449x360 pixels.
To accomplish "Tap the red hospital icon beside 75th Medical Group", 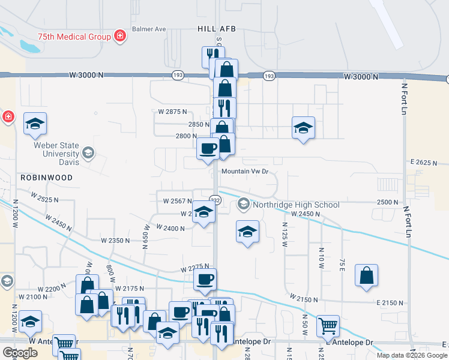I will [x=120, y=36].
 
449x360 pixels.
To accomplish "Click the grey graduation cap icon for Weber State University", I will [x=89, y=153].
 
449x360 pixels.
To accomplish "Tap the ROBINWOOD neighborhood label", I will [x=46, y=178].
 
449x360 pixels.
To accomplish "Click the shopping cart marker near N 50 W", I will [x=328, y=326].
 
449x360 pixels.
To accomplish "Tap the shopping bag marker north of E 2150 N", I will [x=366, y=276].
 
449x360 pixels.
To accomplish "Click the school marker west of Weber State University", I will [x=35, y=124].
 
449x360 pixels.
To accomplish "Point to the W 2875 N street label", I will [x=173, y=112].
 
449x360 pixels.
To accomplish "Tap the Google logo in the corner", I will [x=20, y=353].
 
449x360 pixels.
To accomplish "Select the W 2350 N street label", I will [x=115, y=241].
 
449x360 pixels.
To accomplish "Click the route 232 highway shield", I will [x=214, y=200].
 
